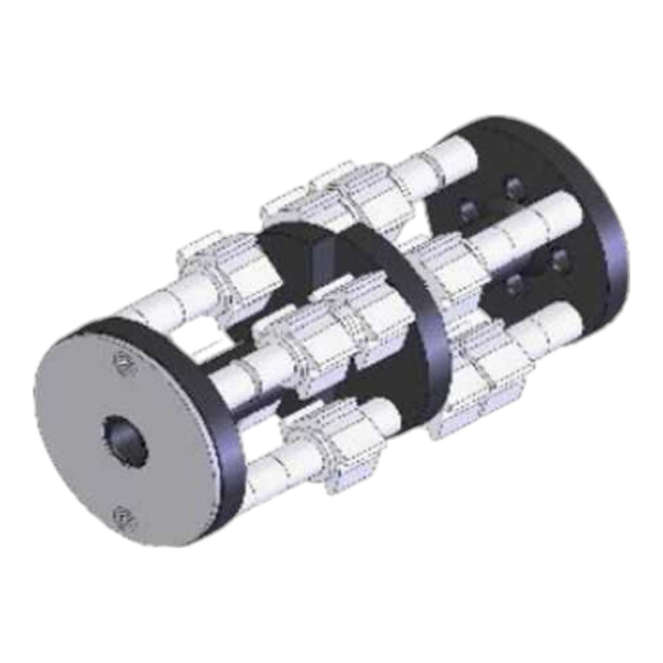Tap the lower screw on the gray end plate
[x=122, y=516]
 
